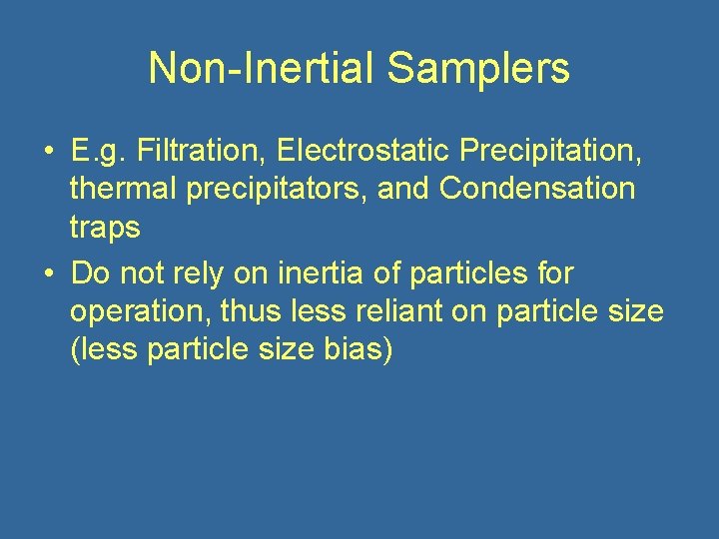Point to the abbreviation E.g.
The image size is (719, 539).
pyautogui.click(x=99, y=153)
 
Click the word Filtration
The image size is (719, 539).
pyautogui.click(x=203, y=152)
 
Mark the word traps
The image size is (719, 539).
pyautogui.click(x=105, y=229)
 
